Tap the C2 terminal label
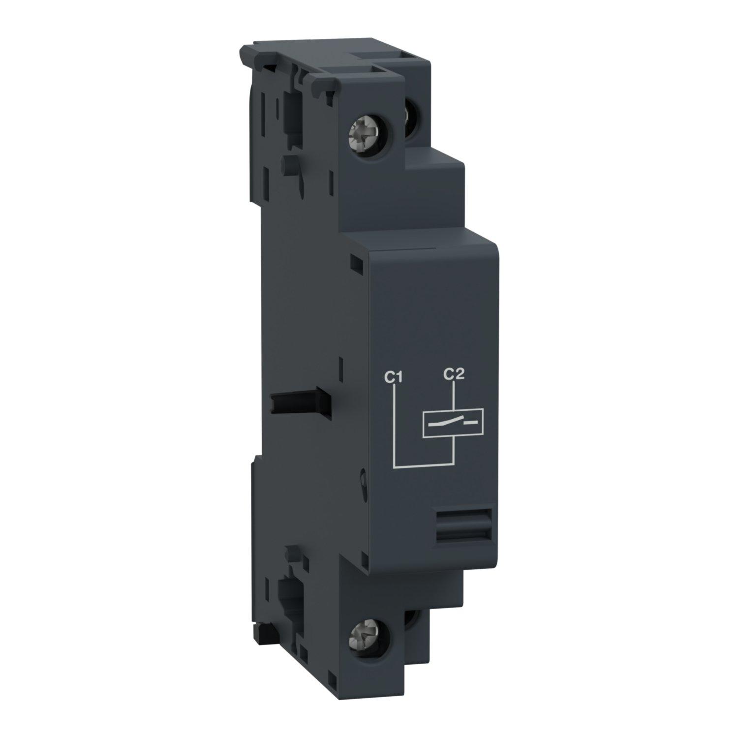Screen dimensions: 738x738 tap(453, 375)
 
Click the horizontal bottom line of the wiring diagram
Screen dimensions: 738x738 tap(423, 464)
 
